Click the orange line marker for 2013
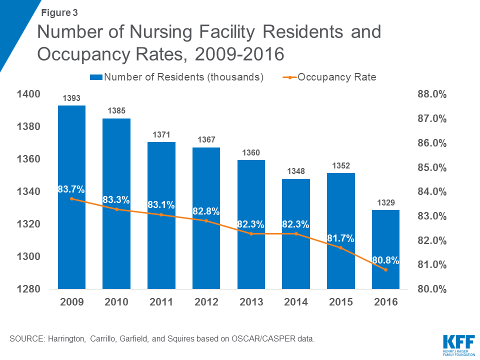point(251,233)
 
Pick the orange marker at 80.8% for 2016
point(385,270)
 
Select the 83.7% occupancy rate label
point(71,189)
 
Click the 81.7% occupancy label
point(340,238)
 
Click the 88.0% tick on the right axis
point(431,94)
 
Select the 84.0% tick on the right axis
point(431,192)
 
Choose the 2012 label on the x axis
point(206,302)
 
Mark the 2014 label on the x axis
point(296,302)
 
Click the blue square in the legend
point(96,77)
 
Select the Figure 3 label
point(59,12)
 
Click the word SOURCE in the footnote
point(26,339)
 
